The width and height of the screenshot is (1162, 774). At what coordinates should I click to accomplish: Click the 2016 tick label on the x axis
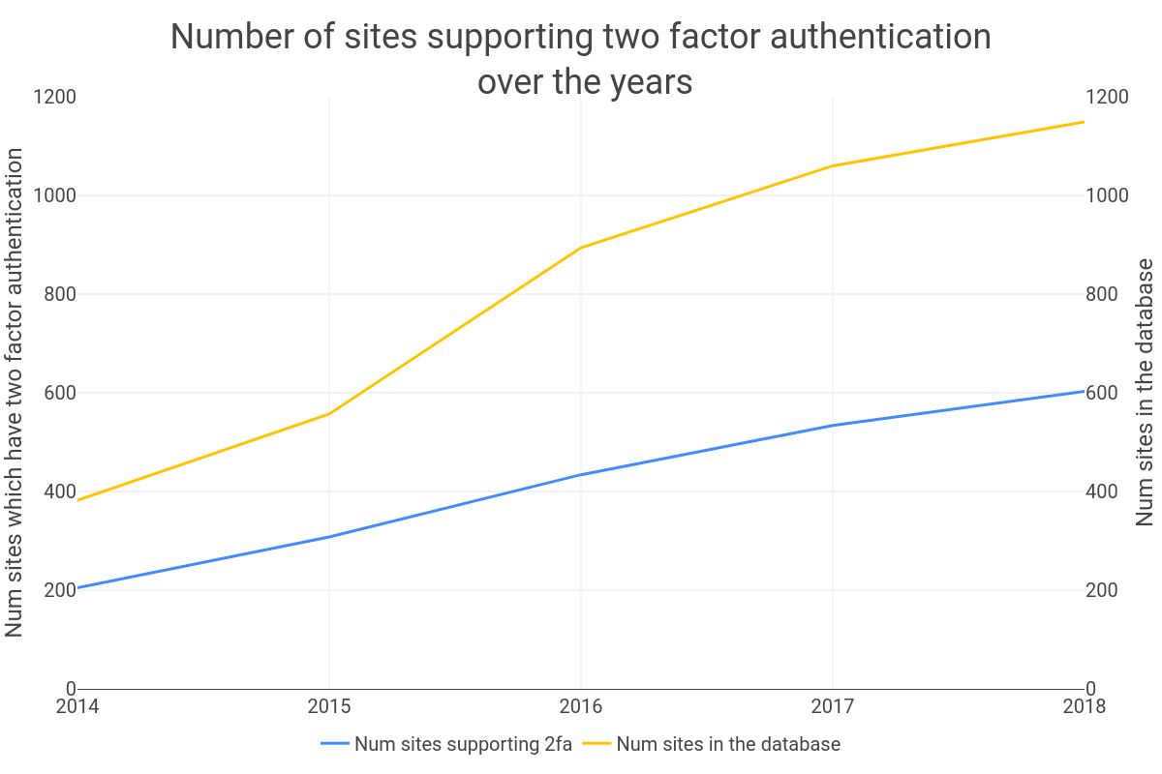coord(581,706)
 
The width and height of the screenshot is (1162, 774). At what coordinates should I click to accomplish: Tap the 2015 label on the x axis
coord(329,706)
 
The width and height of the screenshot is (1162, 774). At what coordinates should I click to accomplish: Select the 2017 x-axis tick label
coord(833,706)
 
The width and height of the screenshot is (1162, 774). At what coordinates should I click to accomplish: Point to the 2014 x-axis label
coord(77,706)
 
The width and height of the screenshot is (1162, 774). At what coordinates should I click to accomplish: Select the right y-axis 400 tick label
coord(1107,491)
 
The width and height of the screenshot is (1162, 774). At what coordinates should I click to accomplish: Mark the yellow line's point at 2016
coord(581,248)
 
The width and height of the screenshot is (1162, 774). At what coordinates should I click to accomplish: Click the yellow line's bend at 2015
coord(329,414)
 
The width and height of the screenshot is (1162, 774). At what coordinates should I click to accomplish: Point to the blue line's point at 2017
coord(833,426)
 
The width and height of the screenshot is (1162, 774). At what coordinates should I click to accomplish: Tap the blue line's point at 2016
coord(581,475)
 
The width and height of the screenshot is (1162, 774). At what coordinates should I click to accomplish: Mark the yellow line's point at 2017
coord(833,166)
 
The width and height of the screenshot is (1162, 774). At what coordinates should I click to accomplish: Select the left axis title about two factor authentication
coord(15,392)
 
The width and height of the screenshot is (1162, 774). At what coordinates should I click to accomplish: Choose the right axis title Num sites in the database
coord(1147,392)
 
